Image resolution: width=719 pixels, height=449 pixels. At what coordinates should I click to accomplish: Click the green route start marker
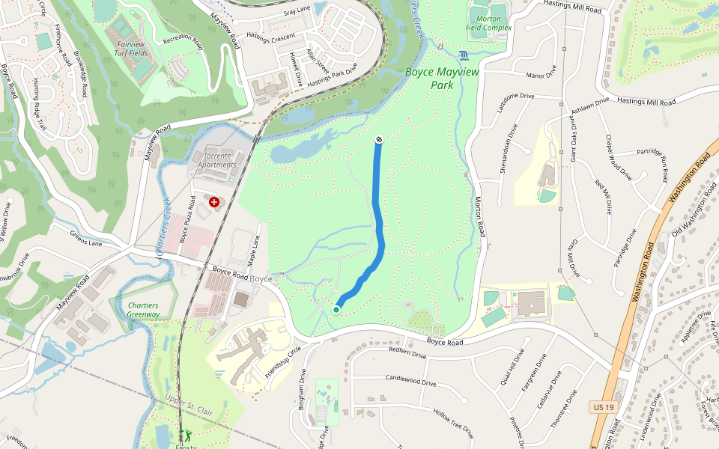(336, 309)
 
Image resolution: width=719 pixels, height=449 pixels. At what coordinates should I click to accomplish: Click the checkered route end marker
(379, 139)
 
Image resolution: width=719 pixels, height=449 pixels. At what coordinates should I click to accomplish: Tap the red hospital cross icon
(215, 202)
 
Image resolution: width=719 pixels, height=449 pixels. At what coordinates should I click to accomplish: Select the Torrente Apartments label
(215, 159)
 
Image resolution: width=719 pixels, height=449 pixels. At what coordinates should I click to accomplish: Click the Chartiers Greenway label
(143, 310)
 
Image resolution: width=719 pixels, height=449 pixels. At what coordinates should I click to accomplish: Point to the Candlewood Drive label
(410, 382)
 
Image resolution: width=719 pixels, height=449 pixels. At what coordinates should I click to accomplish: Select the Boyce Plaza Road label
(185, 226)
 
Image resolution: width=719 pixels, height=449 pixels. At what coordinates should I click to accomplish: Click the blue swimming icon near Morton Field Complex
(464, 55)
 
